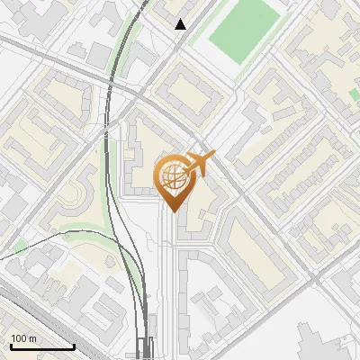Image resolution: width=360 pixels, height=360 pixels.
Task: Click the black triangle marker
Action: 181,24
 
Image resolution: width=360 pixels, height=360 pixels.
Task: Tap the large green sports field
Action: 244,31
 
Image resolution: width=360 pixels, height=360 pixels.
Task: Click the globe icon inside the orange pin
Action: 173,175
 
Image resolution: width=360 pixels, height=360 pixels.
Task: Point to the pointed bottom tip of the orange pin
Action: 173,213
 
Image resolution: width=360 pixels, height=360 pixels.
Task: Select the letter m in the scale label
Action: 33,338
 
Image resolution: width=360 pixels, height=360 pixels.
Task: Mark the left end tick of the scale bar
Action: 10,346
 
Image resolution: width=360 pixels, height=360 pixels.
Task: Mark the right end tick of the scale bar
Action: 74,346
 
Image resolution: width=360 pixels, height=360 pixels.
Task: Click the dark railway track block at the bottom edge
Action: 145,350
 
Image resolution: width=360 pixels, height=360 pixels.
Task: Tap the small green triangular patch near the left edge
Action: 20,247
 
